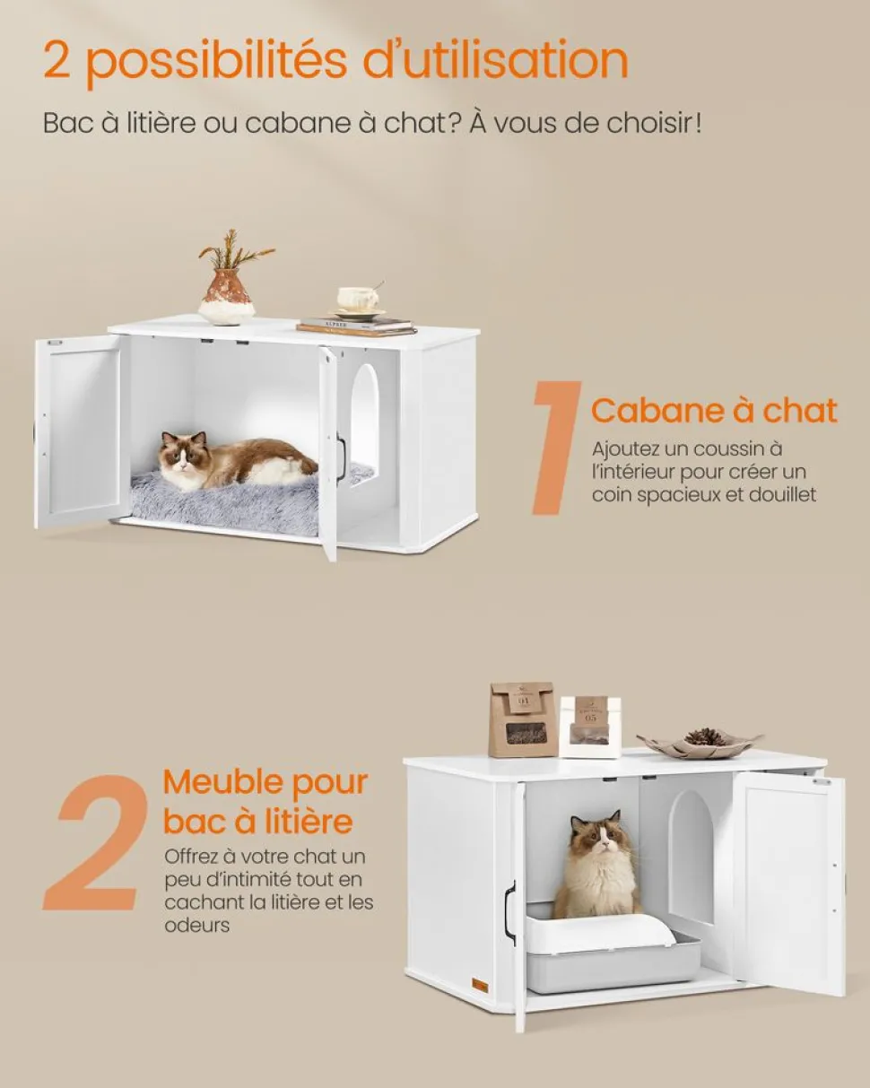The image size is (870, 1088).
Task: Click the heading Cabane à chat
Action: (714, 411)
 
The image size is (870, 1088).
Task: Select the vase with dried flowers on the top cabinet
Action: (229, 283)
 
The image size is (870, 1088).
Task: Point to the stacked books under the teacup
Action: (357, 326)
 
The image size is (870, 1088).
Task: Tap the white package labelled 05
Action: (590, 727)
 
